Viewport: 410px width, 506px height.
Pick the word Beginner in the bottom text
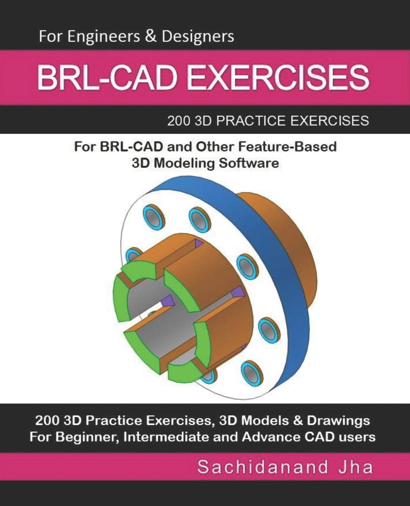[x=87, y=436]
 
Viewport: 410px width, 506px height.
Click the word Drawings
[x=340, y=420]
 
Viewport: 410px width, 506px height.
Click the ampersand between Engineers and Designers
[x=150, y=37]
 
